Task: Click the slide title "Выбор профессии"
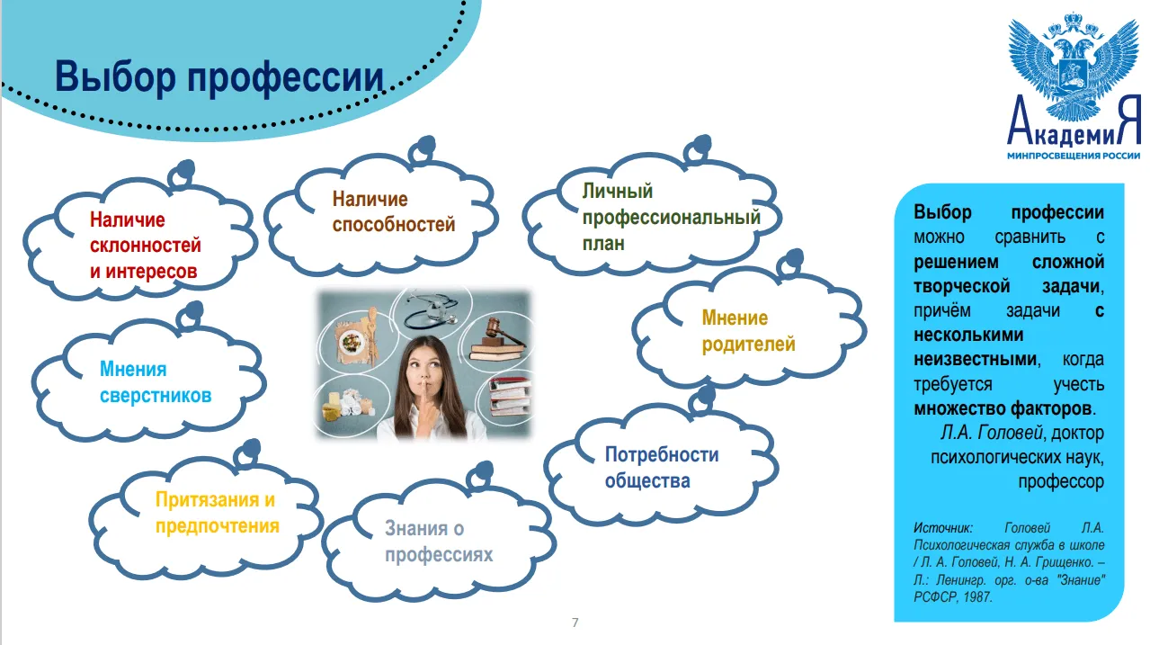pyautogui.click(x=219, y=77)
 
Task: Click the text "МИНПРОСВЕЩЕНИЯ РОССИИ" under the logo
pyautogui.click(x=1074, y=155)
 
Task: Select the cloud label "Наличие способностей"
pyautogui.click(x=393, y=211)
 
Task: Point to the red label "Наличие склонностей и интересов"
pyautogui.click(x=146, y=246)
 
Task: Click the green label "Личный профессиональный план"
pyautogui.click(x=671, y=217)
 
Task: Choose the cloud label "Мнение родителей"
pyautogui.click(x=748, y=331)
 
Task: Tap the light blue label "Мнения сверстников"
pyautogui.click(x=156, y=382)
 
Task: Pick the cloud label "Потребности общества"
pyautogui.click(x=662, y=467)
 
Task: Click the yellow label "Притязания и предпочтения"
pyautogui.click(x=218, y=513)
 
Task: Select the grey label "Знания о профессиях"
pyautogui.click(x=439, y=542)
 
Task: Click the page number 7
pyautogui.click(x=575, y=623)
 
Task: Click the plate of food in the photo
pyautogui.click(x=352, y=339)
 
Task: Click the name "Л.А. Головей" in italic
pyautogui.click(x=992, y=433)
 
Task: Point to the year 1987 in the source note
pyautogui.click(x=977, y=596)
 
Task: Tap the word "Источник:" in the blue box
pyautogui.click(x=942, y=527)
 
